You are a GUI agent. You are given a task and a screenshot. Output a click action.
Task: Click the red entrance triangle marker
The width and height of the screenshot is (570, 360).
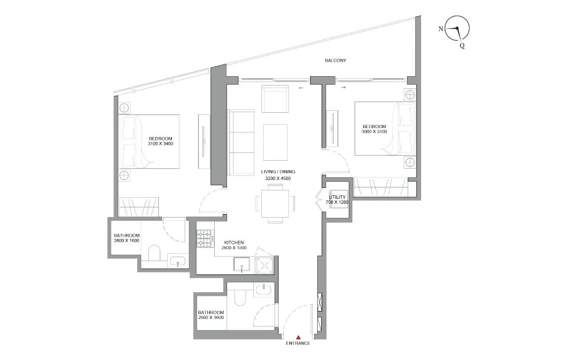click(298, 337)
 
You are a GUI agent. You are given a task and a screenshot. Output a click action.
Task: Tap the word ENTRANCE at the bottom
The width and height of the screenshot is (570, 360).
click(298, 344)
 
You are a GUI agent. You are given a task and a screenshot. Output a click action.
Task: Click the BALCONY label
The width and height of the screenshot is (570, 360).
click(335, 60)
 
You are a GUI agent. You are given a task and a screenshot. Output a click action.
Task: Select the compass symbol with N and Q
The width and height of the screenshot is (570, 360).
click(457, 29)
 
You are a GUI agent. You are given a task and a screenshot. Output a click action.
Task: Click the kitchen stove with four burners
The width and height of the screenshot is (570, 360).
click(205, 238)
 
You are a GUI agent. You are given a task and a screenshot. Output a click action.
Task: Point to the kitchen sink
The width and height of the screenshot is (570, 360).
click(241, 266)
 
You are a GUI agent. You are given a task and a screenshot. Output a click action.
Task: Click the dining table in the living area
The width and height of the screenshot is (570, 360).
click(275, 203)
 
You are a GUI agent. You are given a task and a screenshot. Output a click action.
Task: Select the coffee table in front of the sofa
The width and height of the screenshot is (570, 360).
click(275, 138)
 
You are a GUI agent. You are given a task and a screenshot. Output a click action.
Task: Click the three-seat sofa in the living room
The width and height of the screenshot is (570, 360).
click(240, 141)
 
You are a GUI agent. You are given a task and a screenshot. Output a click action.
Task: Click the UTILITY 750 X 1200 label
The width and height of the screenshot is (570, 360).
click(337, 200)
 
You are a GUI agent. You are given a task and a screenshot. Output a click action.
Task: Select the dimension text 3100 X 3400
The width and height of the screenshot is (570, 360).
click(160, 144)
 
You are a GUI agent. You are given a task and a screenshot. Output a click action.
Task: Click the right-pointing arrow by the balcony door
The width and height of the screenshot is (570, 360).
click(343, 88)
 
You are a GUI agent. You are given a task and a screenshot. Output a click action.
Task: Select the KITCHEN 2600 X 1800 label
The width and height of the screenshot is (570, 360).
click(234, 245)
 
